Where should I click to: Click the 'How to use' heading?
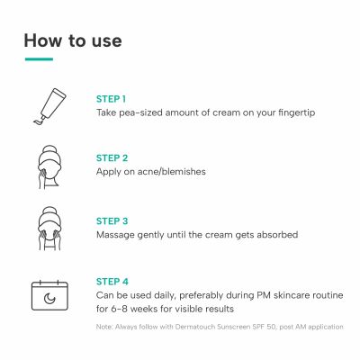point(72,40)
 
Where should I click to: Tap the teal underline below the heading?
point(38,60)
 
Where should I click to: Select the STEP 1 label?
point(111,98)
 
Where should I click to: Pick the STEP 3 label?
point(111,219)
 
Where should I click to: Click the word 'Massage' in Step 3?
point(116,234)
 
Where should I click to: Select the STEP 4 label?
point(112,279)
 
